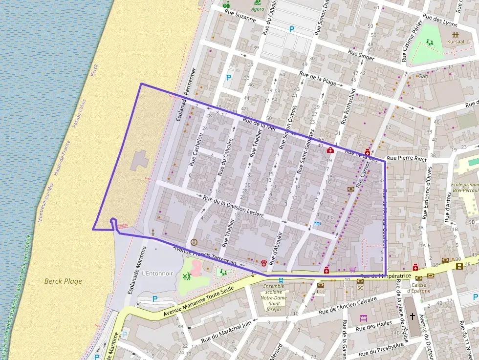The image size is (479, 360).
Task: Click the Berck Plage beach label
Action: [x=63, y=281]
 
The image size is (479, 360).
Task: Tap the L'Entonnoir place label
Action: [x=157, y=274]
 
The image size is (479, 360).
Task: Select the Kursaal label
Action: [x=455, y=42]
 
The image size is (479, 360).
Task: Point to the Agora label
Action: [x=257, y=9]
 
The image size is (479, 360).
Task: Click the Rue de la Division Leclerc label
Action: [x=233, y=207]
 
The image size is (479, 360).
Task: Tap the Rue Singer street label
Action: [x=361, y=55]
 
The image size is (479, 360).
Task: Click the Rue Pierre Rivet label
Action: [x=406, y=158]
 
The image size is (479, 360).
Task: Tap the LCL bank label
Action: [x=321, y=292]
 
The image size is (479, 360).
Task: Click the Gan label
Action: [x=423, y=76]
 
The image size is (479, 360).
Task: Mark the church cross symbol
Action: [x=412, y=316]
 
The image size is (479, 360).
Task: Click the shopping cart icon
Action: [x=353, y=269]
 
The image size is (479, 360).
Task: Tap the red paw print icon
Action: [x=264, y=263]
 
